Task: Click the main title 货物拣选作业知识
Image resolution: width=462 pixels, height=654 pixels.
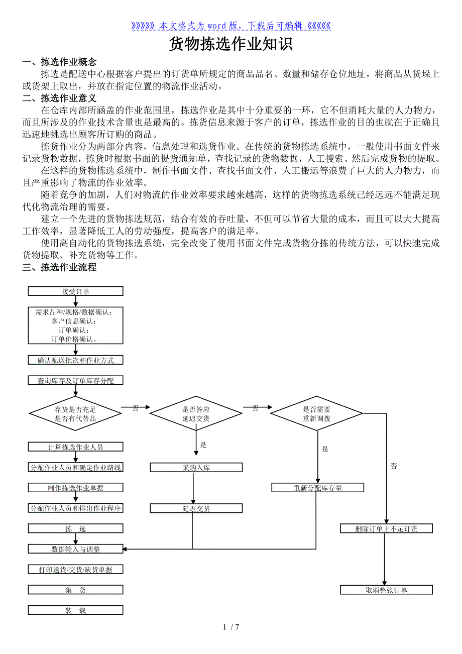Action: tap(230, 44)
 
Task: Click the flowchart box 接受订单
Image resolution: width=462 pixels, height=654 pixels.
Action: tap(75, 291)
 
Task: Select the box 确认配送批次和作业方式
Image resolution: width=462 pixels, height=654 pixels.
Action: tap(75, 360)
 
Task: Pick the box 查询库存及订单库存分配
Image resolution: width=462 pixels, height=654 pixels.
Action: tap(75, 381)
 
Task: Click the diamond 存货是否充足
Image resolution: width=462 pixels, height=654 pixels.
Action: tap(75, 413)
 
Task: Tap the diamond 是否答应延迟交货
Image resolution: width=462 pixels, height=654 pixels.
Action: tap(196, 413)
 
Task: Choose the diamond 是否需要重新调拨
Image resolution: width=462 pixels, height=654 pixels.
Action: tap(316, 413)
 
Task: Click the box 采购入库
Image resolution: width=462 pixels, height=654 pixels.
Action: tap(196, 468)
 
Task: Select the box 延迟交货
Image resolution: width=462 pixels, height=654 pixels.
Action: tap(196, 508)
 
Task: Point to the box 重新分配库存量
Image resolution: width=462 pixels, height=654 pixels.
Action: tap(317, 488)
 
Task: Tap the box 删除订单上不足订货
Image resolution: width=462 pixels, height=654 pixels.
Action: tap(386, 528)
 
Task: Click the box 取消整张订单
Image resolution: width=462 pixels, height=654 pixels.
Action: tap(386, 590)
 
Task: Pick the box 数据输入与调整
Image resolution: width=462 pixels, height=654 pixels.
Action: tap(75, 549)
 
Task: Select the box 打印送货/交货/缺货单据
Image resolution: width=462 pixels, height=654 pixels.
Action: tap(75, 570)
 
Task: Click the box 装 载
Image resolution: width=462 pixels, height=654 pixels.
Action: tap(75, 611)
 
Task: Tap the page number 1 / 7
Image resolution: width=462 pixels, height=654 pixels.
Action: tap(230, 627)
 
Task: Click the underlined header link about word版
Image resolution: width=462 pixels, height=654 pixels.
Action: tap(230, 26)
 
